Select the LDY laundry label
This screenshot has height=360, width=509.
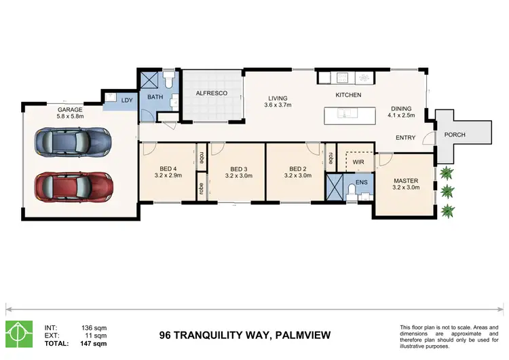pyautogui.click(x=126, y=101)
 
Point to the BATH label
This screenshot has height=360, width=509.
pyautogui.click(x=156, y=98)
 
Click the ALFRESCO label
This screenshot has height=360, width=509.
pyautogui.click(x=210, y=93)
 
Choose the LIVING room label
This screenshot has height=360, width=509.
pyautogui.click(x=278, y=98)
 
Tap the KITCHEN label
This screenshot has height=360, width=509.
pyautogui.click(x=348, y=95)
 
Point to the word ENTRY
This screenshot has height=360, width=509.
pyautogui.click(x=406, y=138)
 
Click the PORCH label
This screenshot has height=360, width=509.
pyautogui.click(x=455, y=134)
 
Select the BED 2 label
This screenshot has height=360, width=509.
pyautogui.click(x=299, y=169)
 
